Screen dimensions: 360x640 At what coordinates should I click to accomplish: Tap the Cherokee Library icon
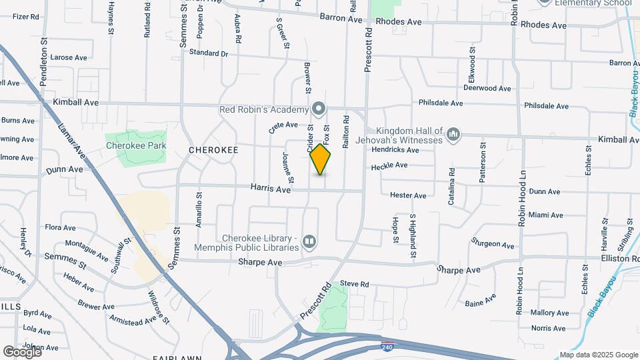pos(309,241)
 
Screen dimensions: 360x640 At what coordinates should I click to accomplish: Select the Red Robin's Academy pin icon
pos(319,109)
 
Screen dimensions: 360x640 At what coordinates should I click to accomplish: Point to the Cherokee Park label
pos(135,145)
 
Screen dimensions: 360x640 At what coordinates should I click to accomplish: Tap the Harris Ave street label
pos(271,189)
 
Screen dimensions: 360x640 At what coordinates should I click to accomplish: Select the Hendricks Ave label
pos(395,150)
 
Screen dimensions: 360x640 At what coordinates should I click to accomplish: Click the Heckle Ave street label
pos(389,166)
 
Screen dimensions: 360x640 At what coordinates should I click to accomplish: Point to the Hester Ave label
pos(408,195)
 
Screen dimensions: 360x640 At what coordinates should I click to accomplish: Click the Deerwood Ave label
pos(487,88)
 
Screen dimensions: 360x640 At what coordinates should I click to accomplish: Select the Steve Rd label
pos(354,284)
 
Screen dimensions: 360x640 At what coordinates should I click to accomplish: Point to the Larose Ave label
pos(65,57)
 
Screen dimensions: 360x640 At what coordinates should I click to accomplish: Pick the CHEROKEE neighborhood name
pos(213,150)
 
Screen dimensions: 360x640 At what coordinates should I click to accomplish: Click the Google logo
pos(22,351)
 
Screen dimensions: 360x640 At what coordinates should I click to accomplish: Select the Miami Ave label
pos(545,215)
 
